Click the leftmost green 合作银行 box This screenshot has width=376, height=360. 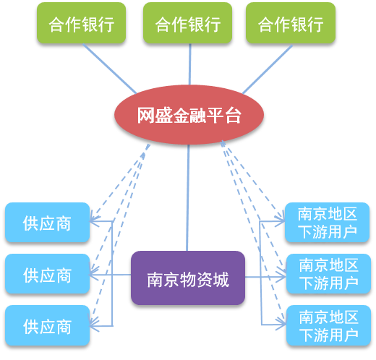[81, 23]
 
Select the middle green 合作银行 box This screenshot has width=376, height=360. [187, 23]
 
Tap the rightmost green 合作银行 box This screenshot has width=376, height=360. [291, 23]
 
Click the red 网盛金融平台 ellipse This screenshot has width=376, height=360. [189, 115]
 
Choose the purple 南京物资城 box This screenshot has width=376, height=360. [188, 278]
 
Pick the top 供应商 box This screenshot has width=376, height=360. [48, 223]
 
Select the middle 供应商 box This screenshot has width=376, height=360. [48, 274]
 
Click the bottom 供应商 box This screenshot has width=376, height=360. [48, 325]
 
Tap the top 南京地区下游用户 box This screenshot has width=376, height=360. [327, 223]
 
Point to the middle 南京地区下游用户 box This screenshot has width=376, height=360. [328, 274]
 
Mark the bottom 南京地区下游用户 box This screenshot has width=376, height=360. [328, 325]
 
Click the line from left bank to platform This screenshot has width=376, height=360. [110, 69]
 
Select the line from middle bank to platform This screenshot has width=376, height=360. [189, 64]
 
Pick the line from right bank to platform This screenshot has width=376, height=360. [268, 69]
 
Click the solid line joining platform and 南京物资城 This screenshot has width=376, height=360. [188, 198]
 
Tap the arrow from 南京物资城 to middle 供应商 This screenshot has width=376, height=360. [110, 275]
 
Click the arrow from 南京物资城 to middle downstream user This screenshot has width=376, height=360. [265, 277]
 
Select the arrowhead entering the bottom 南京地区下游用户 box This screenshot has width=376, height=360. [281, 324]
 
